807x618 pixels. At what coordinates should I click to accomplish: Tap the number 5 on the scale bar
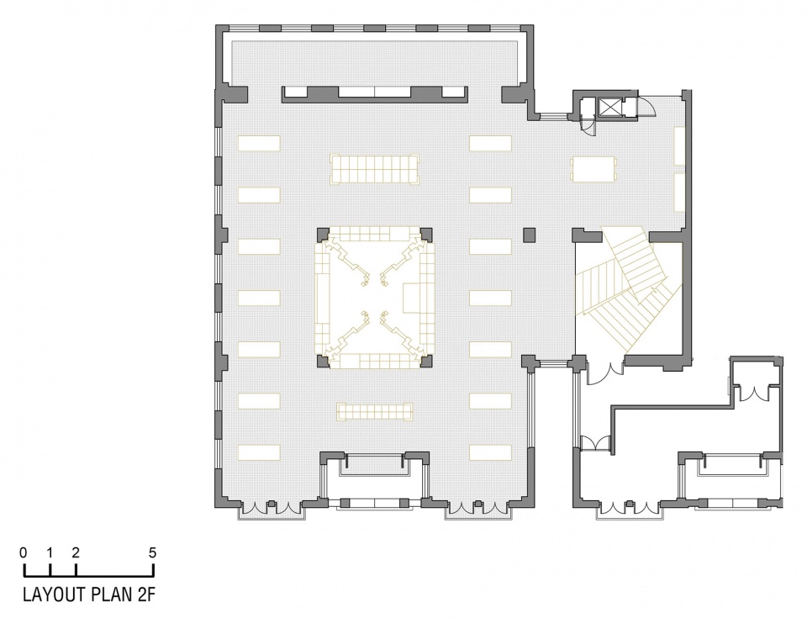[152, 552]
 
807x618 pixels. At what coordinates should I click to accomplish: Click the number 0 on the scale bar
[24, 552]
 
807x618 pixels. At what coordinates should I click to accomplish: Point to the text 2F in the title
[145, 594]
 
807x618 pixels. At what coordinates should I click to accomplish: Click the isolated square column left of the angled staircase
[530, 235]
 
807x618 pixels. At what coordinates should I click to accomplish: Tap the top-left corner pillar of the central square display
[321, 235]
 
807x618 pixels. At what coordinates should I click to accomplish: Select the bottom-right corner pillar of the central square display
[427, 361]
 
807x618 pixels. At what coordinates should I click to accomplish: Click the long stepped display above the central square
[374, 169]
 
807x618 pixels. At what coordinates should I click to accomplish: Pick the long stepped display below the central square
[374, 411]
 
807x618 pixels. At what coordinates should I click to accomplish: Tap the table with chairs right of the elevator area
[593, 169]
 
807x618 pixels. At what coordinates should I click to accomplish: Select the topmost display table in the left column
[259, 143]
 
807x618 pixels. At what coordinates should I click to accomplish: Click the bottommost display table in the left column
[259, 452]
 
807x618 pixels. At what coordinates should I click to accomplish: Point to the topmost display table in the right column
[490, 143]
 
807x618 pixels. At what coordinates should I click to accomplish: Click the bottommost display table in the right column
[490, 452]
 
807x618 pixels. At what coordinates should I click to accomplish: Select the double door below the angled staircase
[606, 373]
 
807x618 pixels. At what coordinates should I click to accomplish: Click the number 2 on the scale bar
[76, 552]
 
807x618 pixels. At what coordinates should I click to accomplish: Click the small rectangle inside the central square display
[412, 298]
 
